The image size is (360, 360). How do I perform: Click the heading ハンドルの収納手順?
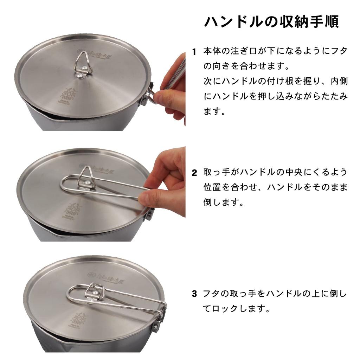(271, 21)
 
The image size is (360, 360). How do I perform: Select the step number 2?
(194, 173)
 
